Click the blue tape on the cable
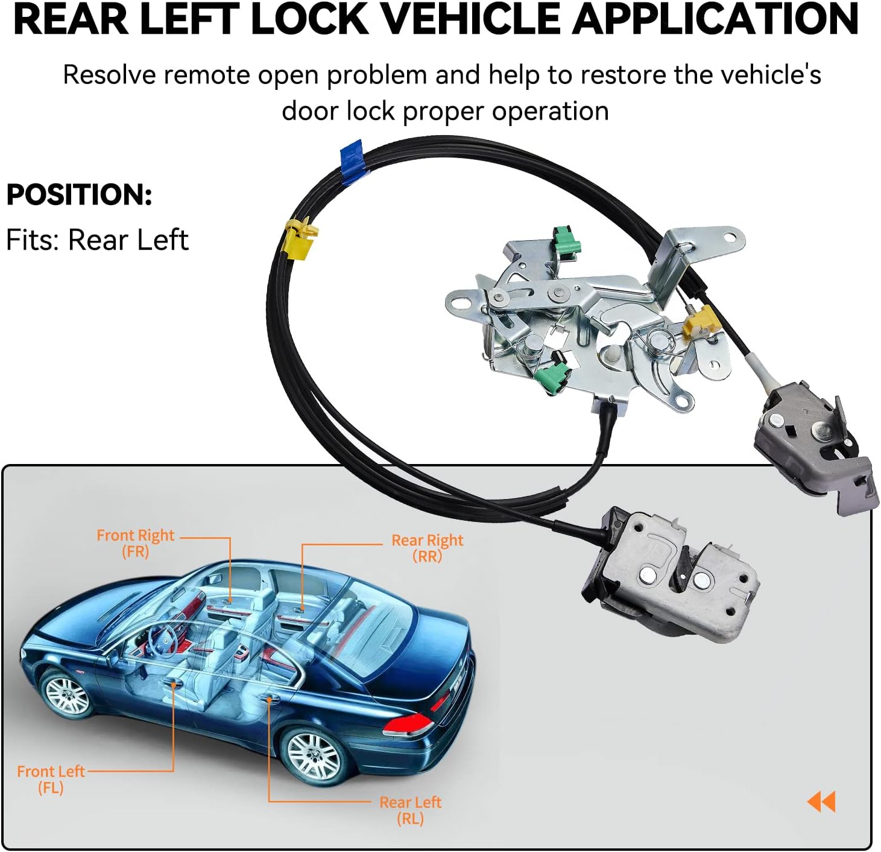353,159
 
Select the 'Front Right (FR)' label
135,543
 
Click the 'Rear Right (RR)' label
427,548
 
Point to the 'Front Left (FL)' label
51,779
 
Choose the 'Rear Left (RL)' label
410,810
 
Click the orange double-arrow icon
821,802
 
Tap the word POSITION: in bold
79,195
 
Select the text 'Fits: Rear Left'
97,240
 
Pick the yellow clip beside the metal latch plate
699,321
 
